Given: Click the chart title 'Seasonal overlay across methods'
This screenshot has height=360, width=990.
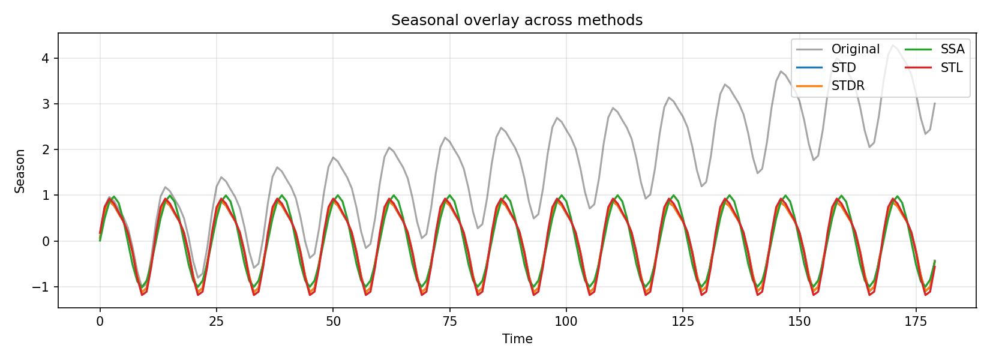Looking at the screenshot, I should [517, 20].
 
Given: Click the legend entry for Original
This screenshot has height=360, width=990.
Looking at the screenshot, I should [855, 49].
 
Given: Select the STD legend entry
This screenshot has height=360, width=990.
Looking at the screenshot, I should [843, 68].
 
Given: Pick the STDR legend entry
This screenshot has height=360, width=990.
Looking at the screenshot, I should [847, 86].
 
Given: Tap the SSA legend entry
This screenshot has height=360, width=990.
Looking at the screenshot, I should [952, 49].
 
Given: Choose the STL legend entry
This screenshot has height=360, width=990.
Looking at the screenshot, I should [951, 68].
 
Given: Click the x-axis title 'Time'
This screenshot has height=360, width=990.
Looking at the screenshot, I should [517, 339].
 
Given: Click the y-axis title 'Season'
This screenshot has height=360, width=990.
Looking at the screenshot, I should [20, 171].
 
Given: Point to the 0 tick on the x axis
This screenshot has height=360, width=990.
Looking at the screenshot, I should [100, 321].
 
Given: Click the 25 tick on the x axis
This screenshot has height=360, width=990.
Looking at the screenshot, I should [217, 321].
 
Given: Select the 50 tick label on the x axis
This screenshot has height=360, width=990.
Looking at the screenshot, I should [333, 321].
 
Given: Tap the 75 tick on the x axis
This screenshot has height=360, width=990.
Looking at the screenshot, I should [449, 321].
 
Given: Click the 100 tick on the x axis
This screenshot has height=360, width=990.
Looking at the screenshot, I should [566, 321].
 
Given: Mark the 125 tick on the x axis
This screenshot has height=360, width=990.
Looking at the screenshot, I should [683, 321].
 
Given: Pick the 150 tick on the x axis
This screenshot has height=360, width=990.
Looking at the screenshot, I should [799, 321].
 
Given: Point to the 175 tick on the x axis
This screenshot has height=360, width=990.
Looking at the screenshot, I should [916, 321].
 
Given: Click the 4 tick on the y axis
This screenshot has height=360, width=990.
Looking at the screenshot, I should [46, 58].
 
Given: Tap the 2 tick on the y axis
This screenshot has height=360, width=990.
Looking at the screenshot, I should [46, 149].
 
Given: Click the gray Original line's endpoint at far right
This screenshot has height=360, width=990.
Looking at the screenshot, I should [934, 103].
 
